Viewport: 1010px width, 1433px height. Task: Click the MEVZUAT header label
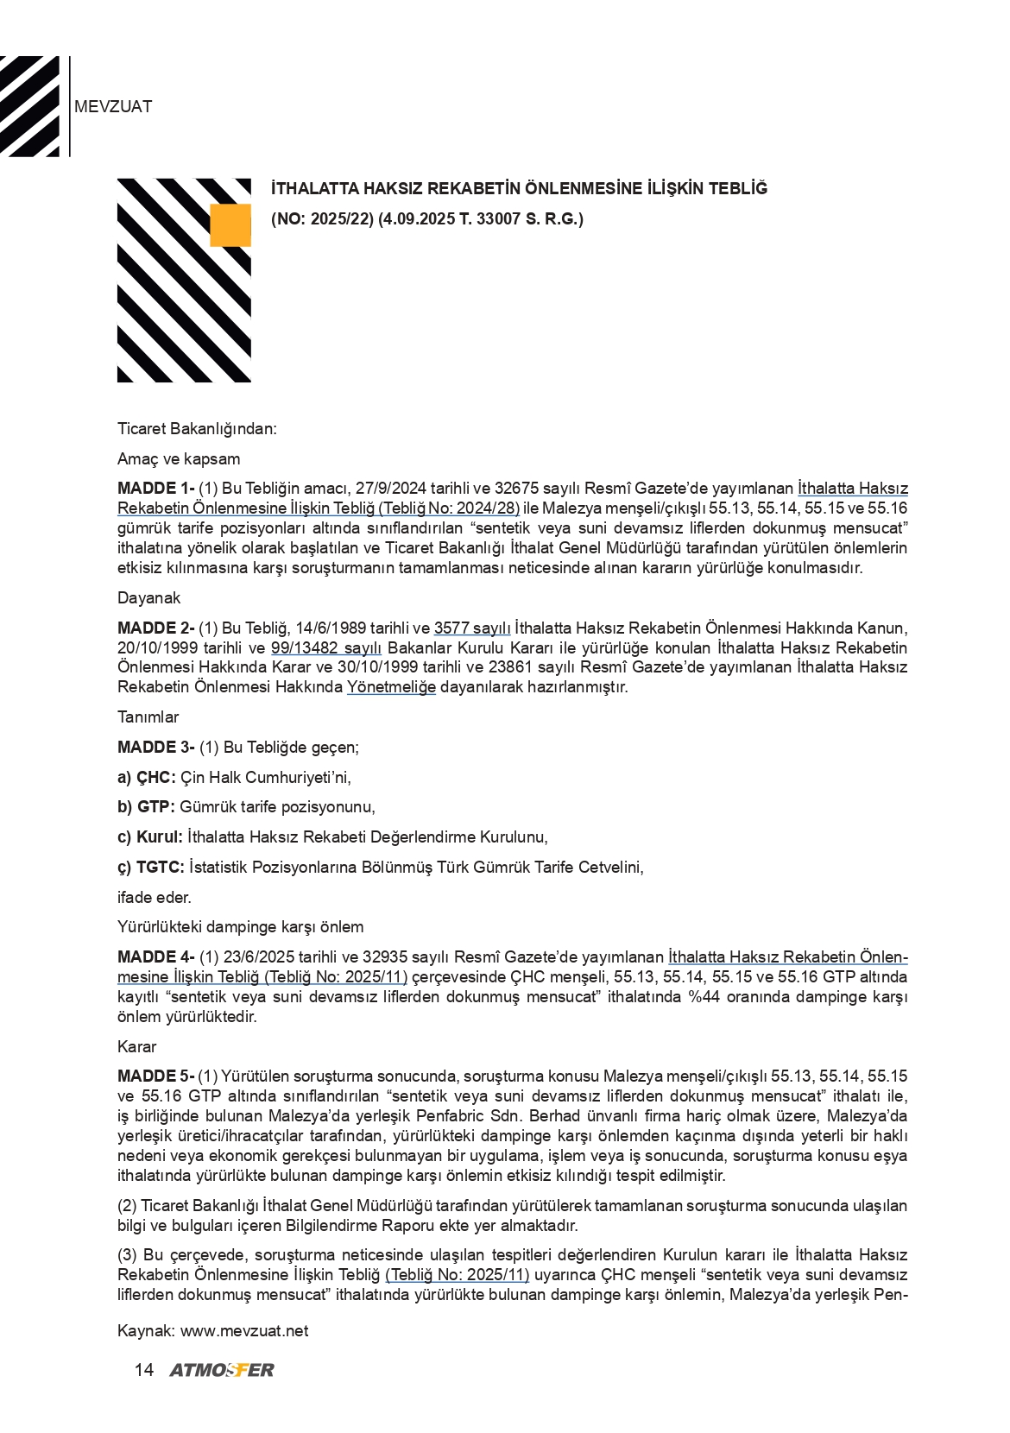point(113,107)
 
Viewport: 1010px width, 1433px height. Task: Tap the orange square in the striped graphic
point(230,225)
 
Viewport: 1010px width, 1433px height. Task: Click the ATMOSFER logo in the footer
point(222,1370)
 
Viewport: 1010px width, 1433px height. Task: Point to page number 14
point(144,1370)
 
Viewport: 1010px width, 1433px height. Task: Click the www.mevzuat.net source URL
point(244,1330)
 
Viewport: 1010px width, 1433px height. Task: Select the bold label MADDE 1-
point(155,489)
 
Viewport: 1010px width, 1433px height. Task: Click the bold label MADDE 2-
point(155,628)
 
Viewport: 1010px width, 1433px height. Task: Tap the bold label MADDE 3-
point(155,748)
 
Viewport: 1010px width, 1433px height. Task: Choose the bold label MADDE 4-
point(155,957)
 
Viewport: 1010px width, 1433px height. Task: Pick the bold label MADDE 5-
point(155,1076)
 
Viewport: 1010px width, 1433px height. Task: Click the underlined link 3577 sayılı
point(472,628)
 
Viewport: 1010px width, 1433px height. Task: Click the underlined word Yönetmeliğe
point(391,688)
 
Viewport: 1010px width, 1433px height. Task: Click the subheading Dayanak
point(148,598)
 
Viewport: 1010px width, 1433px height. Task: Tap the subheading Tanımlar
point(148,717)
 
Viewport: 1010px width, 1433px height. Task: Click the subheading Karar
point(137,1047)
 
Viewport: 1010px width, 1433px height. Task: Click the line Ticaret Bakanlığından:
point(197,429)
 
